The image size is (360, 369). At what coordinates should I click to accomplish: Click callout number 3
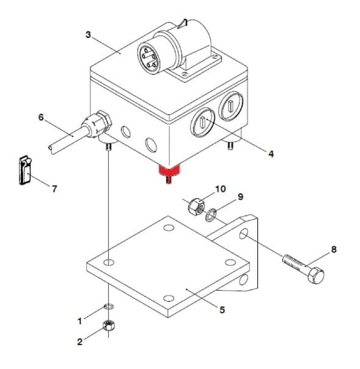point(88,35)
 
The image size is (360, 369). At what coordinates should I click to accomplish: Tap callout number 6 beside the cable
point(41,117)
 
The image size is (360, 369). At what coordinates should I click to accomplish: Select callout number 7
point(54,189)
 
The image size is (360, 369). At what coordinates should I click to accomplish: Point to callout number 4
point(270,154)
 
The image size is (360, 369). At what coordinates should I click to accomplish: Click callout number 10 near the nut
point(220,189)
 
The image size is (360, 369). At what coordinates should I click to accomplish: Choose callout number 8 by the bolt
point(334,250)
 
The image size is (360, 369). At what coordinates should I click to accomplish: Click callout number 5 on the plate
point(222,310)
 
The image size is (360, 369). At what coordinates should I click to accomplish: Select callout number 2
point(80,342)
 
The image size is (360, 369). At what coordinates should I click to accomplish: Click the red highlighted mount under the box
point(169,171)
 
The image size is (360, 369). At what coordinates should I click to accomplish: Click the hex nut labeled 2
point(108,325)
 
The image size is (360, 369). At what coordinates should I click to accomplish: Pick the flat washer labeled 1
point(109,307)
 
